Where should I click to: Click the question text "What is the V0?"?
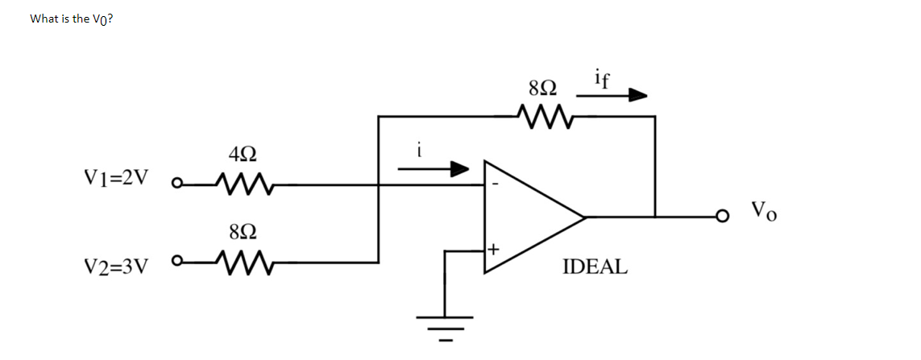pyautogui.click(x=71, y=19)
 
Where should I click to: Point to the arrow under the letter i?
pyautogui.click(x=434, y=169)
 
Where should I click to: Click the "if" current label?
pyautogui.click(x=602, y=78)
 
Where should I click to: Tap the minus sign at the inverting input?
pyautogui.click(x=496, y=184)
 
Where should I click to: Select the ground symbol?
pyautogui.click(x=444, y=325)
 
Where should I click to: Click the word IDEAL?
pyautogui.click(x=594, y=267)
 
